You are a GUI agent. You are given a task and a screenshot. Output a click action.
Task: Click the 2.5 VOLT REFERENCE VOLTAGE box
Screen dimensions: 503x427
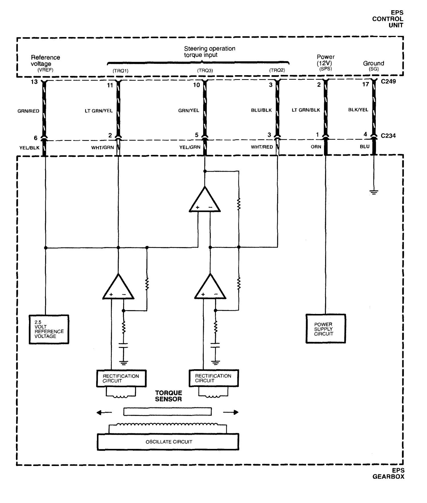[x=49, y=329]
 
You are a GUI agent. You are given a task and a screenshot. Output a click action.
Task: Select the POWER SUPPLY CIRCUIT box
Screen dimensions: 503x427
[x=325, y=329]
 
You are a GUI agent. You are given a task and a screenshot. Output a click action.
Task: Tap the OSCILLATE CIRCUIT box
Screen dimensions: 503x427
[x=168, y=442]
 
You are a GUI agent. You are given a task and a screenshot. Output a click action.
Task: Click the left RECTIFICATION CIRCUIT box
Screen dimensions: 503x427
[x=121, y=378]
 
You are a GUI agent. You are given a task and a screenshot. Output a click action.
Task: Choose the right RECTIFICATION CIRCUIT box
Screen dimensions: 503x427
[x=213, y=378]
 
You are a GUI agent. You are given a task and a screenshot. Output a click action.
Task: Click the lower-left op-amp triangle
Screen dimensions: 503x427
[x=118, y=288]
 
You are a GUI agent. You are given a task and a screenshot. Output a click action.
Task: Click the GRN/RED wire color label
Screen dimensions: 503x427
[x=28, y=111]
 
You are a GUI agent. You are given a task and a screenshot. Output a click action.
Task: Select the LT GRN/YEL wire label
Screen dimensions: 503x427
[x=98, y=111]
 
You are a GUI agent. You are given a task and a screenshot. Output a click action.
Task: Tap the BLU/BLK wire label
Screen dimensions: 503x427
[x=261, y=110]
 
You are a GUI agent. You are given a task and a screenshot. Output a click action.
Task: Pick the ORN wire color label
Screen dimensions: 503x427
[x=316, y=147]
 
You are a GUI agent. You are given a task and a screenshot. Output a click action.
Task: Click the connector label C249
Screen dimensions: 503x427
[x=388, y=82]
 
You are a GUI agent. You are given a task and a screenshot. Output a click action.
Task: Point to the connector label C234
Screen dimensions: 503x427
[x=388, y=136]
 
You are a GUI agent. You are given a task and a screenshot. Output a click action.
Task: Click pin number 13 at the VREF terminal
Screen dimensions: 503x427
[x=34, y=82]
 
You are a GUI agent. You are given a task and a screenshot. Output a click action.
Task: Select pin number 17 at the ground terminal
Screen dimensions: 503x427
[x=365, y=84]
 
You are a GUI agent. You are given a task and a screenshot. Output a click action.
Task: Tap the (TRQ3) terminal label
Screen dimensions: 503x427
[x=205, y=70]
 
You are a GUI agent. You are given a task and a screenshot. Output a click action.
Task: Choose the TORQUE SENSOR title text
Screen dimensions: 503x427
[x=168, y=396]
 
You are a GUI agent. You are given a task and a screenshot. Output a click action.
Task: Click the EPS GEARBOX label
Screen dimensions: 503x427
[x=388, y=474]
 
